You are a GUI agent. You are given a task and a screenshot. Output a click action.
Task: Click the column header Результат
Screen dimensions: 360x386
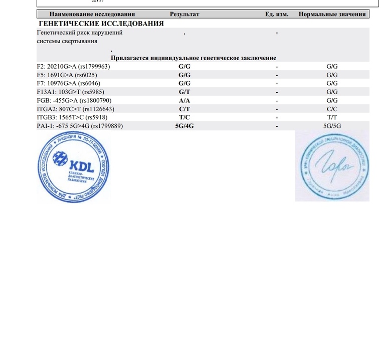tap(184, 14)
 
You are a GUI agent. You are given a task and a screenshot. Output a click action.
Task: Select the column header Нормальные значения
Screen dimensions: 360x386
tap(332, 14)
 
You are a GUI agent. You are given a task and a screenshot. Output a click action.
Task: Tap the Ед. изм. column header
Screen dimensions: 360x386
tap(277, 14)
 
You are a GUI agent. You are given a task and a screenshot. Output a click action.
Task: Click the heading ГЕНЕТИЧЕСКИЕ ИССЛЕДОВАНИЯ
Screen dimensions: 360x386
tap(101, 24)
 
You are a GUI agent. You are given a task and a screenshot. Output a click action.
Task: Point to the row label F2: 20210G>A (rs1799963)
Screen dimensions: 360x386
tap(74, 66)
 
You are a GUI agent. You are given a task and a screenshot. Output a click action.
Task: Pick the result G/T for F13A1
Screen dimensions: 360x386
tap(184, 92)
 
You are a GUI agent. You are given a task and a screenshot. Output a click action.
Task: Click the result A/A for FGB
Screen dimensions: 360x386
tap(184, 100)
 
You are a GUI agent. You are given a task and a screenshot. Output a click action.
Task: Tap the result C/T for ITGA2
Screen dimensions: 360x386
tap(184, 109)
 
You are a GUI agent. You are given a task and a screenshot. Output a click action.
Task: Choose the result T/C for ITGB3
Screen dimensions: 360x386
tap(184, 117)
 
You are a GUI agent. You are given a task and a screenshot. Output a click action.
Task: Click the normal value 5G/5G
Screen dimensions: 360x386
tap(332, 126)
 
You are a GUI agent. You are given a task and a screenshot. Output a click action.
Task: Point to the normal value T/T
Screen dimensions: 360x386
tap(332, 117)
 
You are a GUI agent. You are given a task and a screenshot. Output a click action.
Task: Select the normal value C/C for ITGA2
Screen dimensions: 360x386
tap(332, 109)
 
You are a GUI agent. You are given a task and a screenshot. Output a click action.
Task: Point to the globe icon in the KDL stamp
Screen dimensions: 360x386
tap(60, 159)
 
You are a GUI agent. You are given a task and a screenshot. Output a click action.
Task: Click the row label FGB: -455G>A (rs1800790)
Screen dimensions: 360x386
tap(74, 100)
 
